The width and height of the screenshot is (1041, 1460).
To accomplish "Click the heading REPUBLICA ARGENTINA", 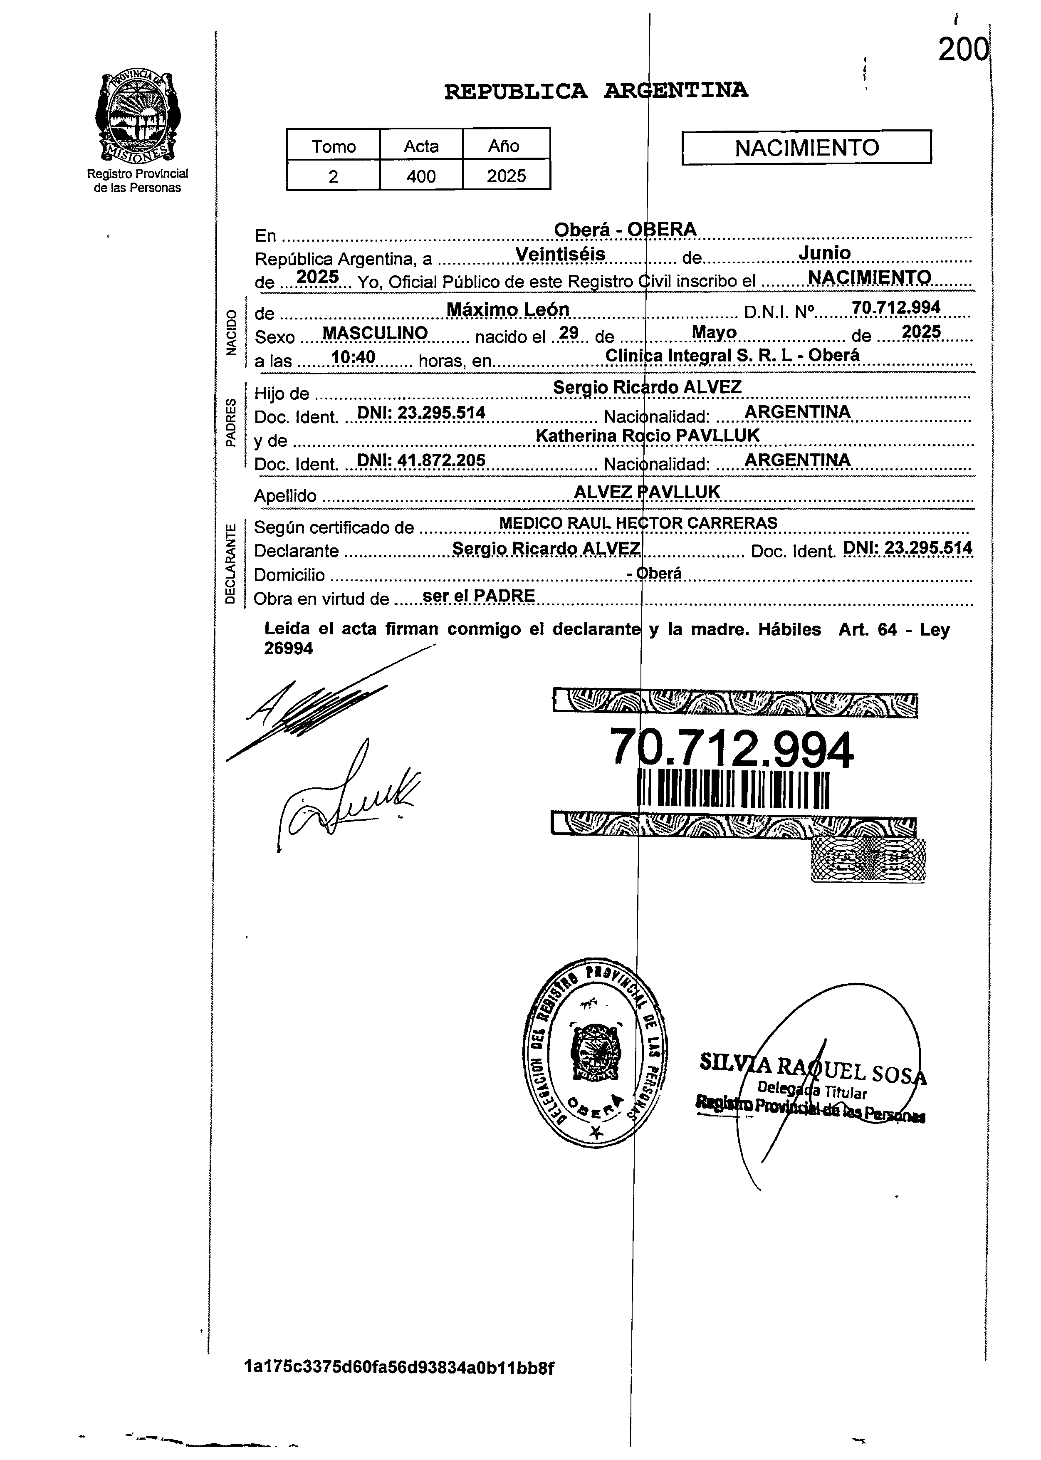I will (x=596, y=91).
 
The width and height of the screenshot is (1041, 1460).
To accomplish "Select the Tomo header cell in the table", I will (x=333, y=146).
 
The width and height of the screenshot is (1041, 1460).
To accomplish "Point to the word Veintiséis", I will (x=560, y=255).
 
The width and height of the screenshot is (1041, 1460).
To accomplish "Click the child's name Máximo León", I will (x=508, y=309).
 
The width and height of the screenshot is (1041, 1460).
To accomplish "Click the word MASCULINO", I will (x=375, y=333).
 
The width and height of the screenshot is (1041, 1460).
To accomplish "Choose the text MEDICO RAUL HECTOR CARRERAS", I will (x=638, y=523).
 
